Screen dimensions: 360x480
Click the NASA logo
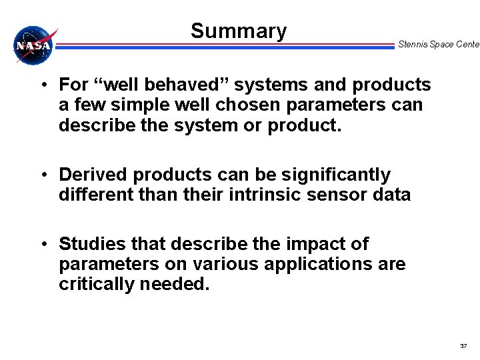pyautogui.click(x=33, y=45)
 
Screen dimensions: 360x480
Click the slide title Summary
pyautogui.click(x=238, y=31)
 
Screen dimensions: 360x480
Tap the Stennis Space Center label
pyautogui.click(x=438, y=45)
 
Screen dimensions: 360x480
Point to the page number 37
pyautogui.click(x=463, y=346)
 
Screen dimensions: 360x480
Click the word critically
pyautogui.click(x=98, y=284)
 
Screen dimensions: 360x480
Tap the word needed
pyautogui.click(x=177, y=284)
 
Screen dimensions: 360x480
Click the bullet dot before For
pyautogui.click(x=42, y=85)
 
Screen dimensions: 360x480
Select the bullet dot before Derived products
pyautogui.click(x=42, y=175)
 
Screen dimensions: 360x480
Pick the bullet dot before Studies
pyautogui.click(x=42, y=244)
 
